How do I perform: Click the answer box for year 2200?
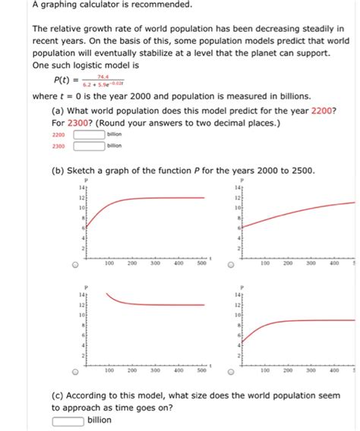(x=89, y=134)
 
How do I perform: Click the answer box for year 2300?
(x=89, y=146)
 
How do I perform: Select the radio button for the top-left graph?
(x=74, y=266)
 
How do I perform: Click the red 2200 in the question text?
(x=321, y=109)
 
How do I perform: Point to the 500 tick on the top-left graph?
(x=201, y=263)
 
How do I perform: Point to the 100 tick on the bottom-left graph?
(x=109, y=370)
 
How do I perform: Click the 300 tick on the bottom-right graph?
(x=311, y=370)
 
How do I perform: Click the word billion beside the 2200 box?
(x=115, y=134)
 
